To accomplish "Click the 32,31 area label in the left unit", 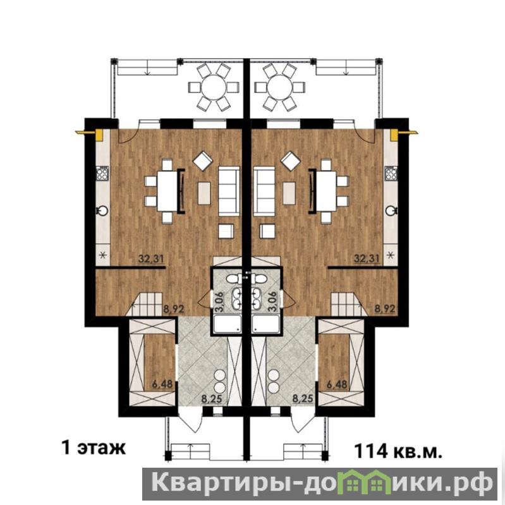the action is tap(151, 259).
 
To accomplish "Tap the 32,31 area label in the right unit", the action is tap(367, 259).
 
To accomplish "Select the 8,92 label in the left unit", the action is tap(174, 309).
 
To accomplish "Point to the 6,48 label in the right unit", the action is tap(337, 384).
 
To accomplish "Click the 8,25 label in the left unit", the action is tap(212, 399).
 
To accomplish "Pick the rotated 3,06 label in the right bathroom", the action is tap(272, 301).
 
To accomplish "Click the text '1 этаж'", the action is tap(94, 447).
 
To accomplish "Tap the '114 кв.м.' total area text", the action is tap(398, 451).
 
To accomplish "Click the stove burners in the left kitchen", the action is tap(102, 174).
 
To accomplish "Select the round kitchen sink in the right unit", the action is tap(391, 211).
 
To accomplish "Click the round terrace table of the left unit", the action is tap(214, 87).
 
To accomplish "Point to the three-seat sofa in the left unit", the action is tap(229, 191).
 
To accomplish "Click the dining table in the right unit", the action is tap(326, 191).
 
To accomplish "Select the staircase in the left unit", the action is tap(147, 304).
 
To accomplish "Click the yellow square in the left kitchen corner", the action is tap(99, 135).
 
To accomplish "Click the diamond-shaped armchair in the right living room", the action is tap(291, 161).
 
